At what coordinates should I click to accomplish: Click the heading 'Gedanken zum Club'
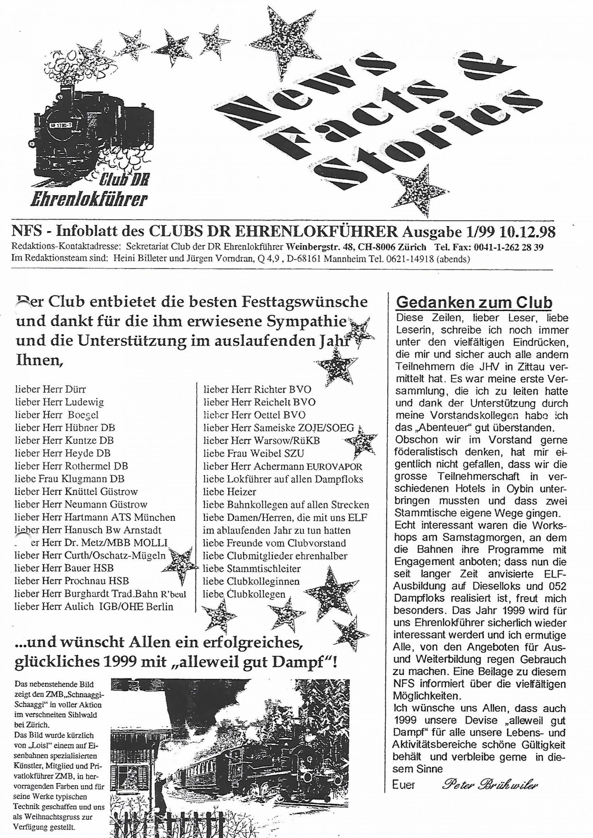(474, 303)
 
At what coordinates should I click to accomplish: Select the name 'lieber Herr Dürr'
(51, 390)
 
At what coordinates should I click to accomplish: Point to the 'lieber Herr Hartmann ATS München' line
(95, 517)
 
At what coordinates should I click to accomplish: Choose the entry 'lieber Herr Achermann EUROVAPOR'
(283, 466)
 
